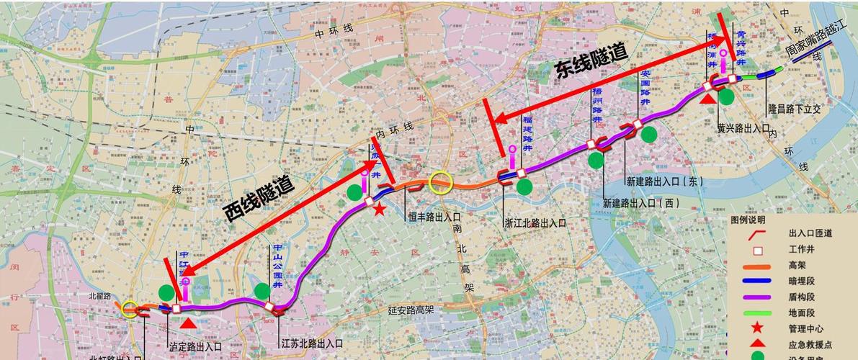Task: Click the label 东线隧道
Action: tap(591, 62)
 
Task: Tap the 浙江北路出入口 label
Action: tap(535, 222)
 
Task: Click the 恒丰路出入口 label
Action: tap(434, 215)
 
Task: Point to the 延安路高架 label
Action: tap(411, 310)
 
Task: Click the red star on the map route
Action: tap(380, 208)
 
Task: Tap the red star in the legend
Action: tap(757, 328)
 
